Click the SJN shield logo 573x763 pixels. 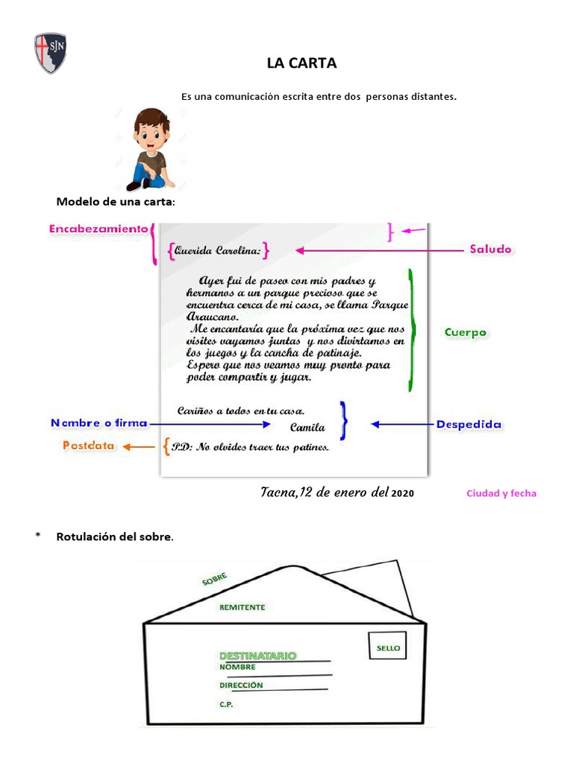click(x=51, y=53)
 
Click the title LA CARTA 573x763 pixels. click(x=301, y=63)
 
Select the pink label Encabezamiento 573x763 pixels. click(x=98, y=229)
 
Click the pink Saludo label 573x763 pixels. click(x=490, y=250)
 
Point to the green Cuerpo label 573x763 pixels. click(x=465, y=332)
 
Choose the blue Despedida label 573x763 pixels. click(x=469, y=425)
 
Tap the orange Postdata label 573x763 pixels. click(x=88, y=446)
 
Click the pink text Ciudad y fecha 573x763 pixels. click(x=501, y=493)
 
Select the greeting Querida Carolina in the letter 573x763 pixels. click(x=217, y=251)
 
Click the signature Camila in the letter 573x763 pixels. click(x=307, y=428)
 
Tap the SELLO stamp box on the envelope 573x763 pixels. click(x=388, y=646)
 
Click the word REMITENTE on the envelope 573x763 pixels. click(x=242, y=607)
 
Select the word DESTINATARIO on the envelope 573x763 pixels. click(x=257, y=656)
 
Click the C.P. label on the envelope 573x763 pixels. click(x=226, y=704)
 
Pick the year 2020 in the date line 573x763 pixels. click(x=402, y=493)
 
